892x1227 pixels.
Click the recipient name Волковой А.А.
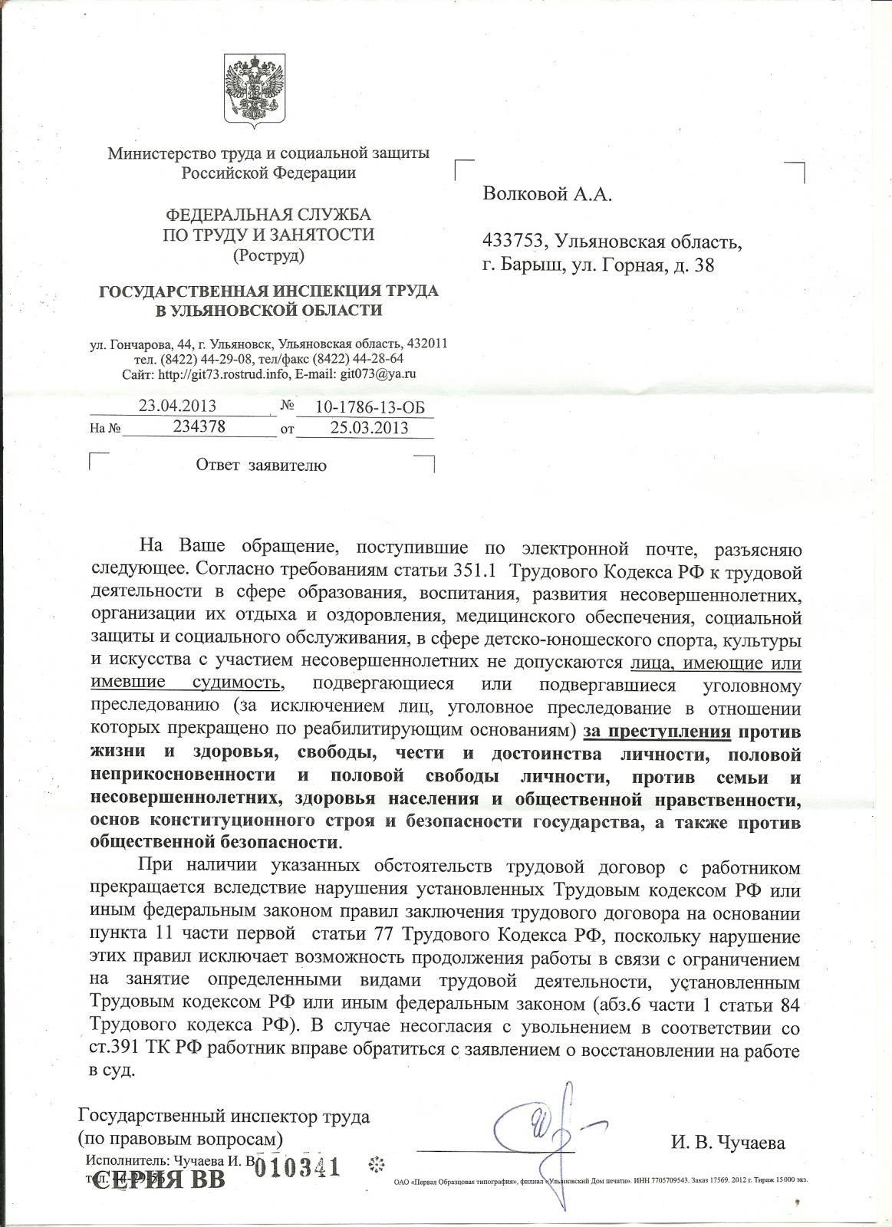548,195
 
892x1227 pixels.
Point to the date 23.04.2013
177,406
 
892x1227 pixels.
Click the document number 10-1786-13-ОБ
364,406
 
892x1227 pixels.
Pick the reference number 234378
199,427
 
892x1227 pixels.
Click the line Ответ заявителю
262,465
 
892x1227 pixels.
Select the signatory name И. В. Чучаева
727,1143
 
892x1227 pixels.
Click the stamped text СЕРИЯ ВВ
159,1179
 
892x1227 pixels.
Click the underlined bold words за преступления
657,734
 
